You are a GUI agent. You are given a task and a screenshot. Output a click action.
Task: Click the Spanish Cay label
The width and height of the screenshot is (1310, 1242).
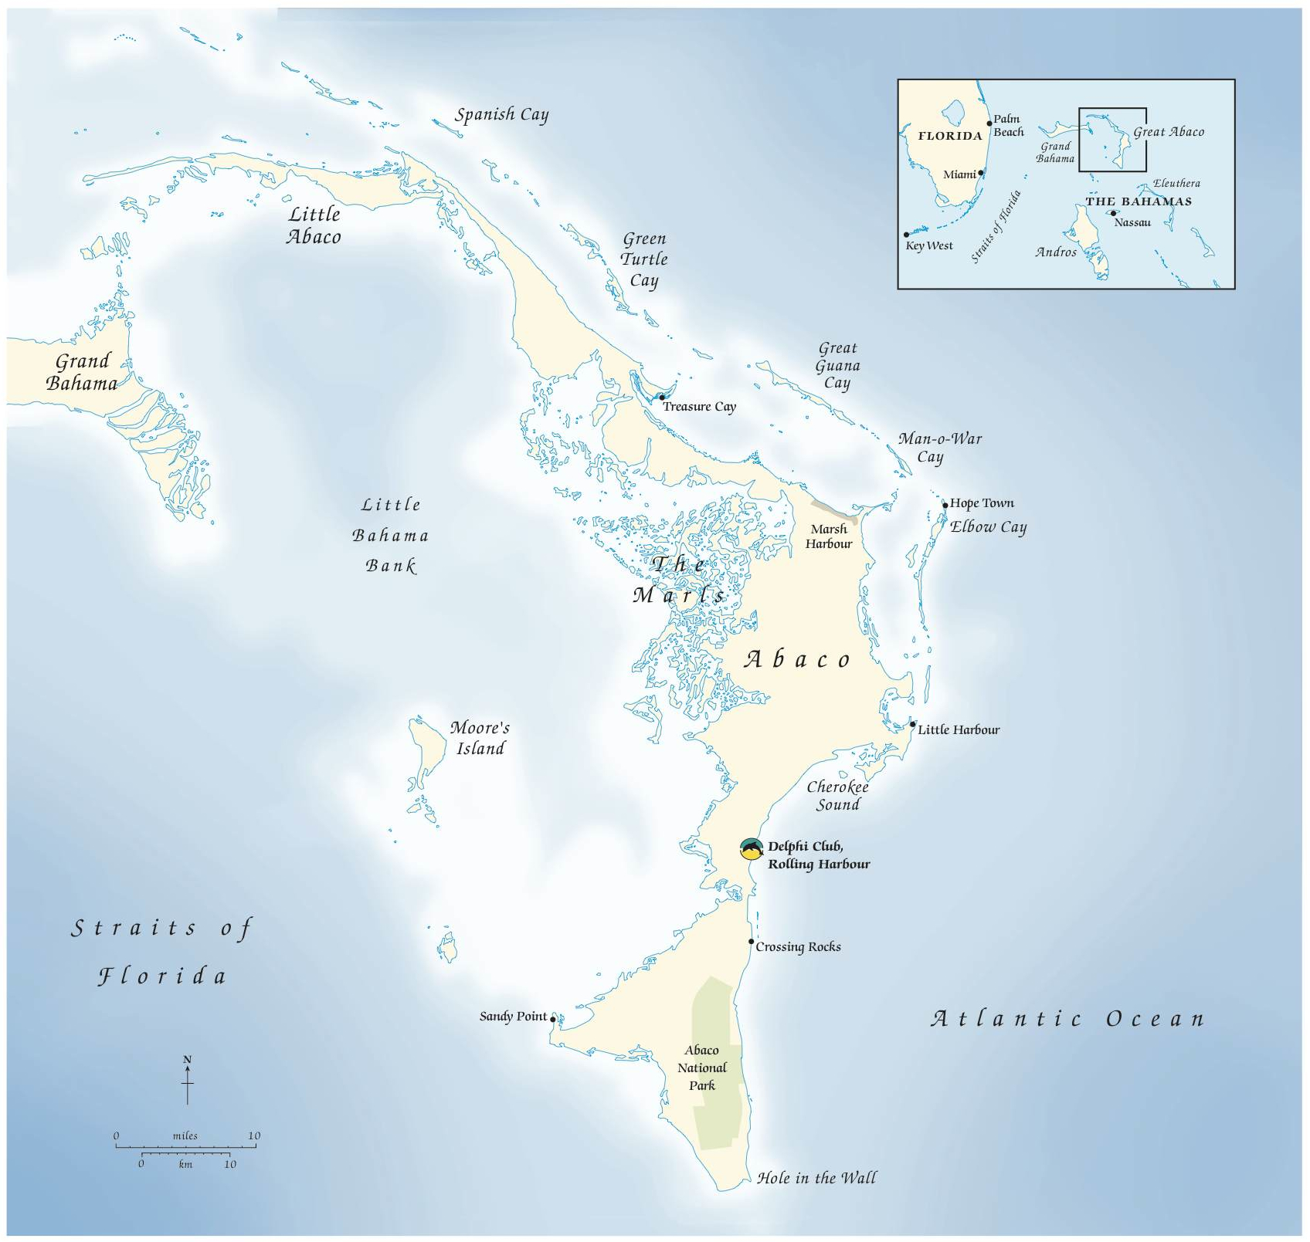pyautogui.click(x=501, y=115)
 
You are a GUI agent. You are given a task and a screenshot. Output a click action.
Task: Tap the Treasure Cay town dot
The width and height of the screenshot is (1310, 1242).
pyautogui.click(x=662, y=398)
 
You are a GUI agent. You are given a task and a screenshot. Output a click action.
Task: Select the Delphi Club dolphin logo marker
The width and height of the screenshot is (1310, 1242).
pyautogui.click(x=752, y=849)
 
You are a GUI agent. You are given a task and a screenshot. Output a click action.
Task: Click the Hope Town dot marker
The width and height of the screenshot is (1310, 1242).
pyautogui.click(x=945, y=506)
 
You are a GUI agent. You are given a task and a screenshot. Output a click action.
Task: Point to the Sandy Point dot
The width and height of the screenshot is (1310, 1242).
pyautogui.click(x=553, y=1019)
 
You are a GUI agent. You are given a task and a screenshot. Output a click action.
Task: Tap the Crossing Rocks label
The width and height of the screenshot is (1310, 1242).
pyautogui.click(x=798, y=947)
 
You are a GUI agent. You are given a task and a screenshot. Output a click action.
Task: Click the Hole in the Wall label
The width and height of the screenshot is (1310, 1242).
pyautogui.click(x=816, y=1178)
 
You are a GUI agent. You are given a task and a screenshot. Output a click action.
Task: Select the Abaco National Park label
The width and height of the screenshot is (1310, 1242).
pyautogui.click(x=702, y=1068)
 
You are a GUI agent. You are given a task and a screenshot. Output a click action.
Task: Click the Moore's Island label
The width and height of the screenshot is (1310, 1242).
pyautogui.click(x=480, y=738)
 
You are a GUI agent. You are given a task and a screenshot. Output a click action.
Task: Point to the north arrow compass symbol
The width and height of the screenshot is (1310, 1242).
pyautogui.click(x=187, y=1079)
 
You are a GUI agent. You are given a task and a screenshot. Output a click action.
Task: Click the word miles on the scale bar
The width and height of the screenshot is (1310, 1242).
pyautogui.click(x=185, y=1135)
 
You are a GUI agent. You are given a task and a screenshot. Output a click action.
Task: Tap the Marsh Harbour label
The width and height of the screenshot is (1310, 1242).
pyautogui.click(x=829, y=536)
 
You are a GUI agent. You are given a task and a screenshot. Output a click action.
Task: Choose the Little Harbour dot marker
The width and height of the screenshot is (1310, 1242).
pyautogui.click(x=912, y=725)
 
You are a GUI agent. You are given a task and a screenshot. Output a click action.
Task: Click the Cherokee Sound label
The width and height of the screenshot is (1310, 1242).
pyautogui.click(x=838, y=796)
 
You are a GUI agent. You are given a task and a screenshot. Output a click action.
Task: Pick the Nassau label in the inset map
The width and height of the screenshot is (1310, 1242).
pyautogui.click(x=1132, y=222)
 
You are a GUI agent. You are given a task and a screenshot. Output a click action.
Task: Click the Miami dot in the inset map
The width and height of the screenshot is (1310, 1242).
pyautogui.click(x=981, y=173)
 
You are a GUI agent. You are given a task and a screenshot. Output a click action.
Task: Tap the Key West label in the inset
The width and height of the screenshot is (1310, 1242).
pyautogui.click(x=929, y=245)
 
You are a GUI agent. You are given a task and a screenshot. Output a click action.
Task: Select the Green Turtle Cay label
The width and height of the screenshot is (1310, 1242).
pyautogui.click(x=644, y=259)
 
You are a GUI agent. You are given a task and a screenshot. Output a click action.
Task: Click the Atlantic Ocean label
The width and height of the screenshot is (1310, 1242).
pyautogui.click(x=1067, y=1019)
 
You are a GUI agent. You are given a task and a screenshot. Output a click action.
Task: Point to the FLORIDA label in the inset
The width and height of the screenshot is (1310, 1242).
pyautogui.click(x=950, y=136)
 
